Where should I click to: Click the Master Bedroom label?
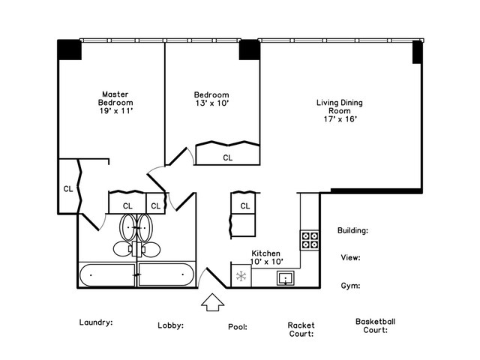[115, 98]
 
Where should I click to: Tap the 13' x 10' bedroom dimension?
[212, 103]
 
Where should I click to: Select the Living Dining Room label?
[340, 106]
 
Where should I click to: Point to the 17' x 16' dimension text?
[340, 119]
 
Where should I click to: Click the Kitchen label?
[265, 253]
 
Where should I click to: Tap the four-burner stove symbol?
[310, 240]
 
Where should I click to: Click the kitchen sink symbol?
[286, 278]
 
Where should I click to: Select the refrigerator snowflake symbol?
[241, 276]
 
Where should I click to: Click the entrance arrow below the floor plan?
[213, 302]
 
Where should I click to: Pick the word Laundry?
[96, 322]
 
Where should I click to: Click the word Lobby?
[170, 325]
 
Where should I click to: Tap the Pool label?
[238, 327]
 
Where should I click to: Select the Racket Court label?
[301, 329]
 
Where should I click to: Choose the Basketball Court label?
[375, 325]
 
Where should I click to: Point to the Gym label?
[350, 286]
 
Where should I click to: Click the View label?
[350, 258]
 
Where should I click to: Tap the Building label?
[352, 230]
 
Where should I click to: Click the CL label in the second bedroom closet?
[228, 158]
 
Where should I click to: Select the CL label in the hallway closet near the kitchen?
[245, 206]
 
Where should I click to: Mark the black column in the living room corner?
[418, 52]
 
